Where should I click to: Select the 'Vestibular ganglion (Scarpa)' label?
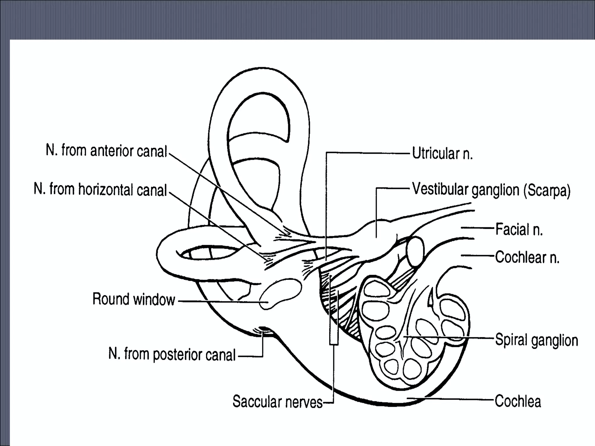point(491,190)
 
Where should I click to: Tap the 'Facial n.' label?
point(519,229)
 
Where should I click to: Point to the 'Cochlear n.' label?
point(527,257)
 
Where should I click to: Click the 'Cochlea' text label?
point(518,401)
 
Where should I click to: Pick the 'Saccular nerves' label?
point(277,402)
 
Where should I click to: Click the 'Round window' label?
point(134,299)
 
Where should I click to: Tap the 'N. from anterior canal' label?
point(106,151)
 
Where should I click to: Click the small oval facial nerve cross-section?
point(415,251)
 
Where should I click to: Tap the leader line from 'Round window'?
point(221,302)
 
